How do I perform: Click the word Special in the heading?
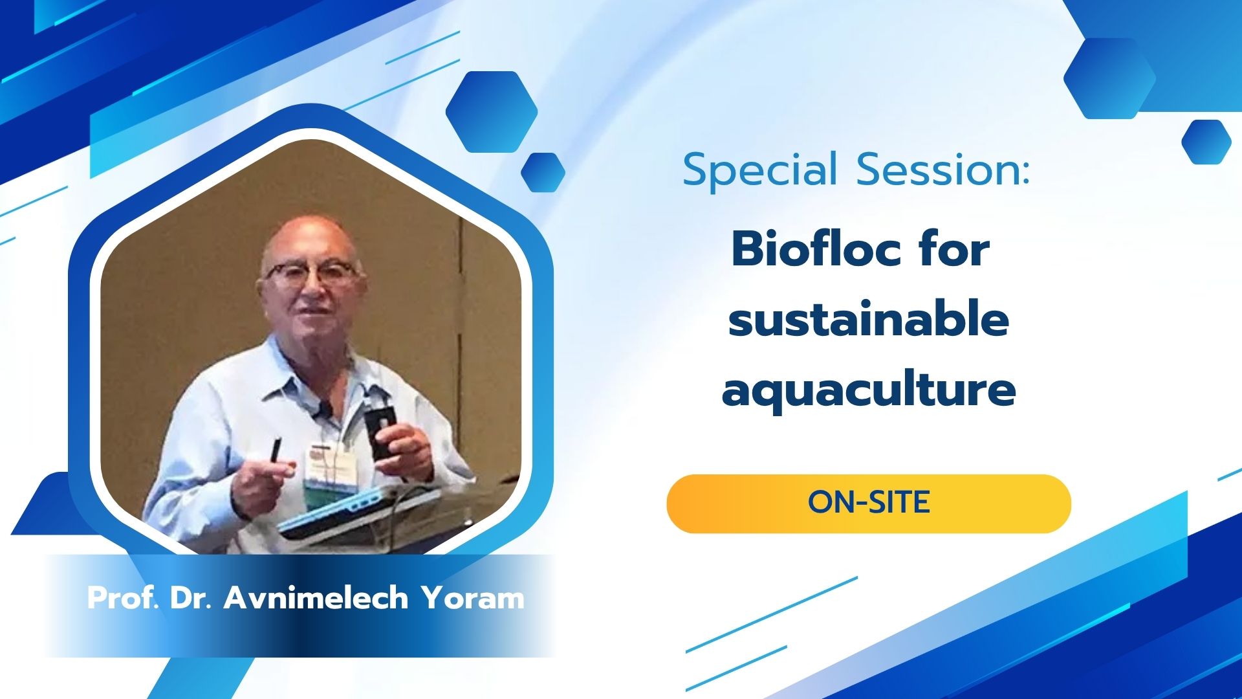(760, 171)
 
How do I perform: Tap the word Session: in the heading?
(942, 170)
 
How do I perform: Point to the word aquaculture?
(869, 391)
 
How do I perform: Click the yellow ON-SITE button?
(869, 504)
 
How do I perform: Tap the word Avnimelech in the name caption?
(316, 597)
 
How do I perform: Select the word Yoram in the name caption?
(473, 598)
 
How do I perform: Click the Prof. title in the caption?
(123, 597)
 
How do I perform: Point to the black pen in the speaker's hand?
(276, 450)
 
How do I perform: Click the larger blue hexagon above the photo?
(492, 112)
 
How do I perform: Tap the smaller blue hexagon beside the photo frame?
(543, 172)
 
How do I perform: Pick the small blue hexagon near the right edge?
(1206, 142)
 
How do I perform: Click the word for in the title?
(954, 249)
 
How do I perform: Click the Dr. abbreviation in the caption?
(191, 597)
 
